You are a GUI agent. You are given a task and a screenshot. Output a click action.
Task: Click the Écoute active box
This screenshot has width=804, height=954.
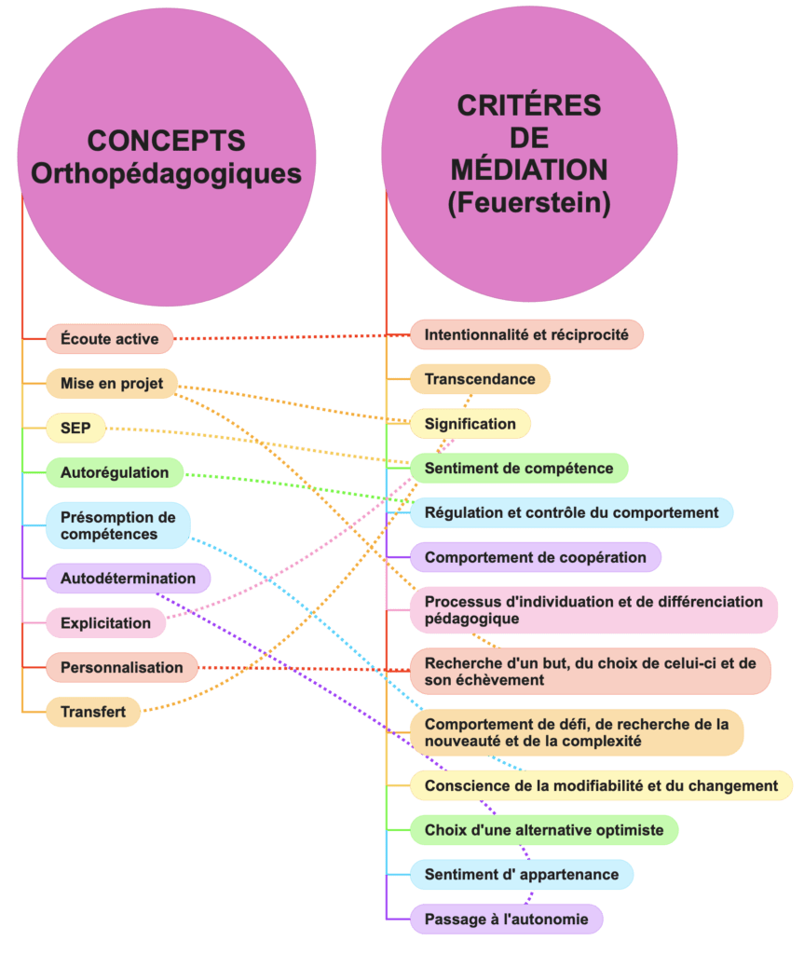point(109,338)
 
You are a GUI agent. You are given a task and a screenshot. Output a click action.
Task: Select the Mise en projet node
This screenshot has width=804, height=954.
point(112,383)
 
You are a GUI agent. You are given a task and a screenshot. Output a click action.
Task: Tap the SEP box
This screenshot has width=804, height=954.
point(76,428)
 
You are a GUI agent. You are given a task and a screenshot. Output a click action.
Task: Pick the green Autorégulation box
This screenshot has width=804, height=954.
point(115,472)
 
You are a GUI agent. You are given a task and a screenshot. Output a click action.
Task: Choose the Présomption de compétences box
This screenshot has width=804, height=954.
point(117,525)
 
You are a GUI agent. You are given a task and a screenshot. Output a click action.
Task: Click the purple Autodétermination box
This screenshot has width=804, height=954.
point(128,578)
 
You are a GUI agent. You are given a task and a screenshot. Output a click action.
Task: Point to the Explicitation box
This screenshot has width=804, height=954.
point(105,622)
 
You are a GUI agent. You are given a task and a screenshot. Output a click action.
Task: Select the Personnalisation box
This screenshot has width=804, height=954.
point(121,667)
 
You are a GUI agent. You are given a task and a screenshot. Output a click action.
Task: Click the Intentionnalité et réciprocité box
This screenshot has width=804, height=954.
point(526,334)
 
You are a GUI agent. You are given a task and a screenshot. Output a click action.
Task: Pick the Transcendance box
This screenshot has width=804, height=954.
point(480,378)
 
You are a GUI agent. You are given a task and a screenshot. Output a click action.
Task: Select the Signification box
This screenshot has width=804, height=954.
point(470,423)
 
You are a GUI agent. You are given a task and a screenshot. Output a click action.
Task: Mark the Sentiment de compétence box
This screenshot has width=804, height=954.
point(519,468)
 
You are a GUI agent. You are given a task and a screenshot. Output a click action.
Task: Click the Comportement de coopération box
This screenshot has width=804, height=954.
point(535,557)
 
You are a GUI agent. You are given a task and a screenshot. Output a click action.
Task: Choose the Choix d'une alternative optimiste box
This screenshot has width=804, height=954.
point(544,829)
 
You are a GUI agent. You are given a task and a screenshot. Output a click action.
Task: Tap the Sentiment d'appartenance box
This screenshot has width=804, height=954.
point(522,874)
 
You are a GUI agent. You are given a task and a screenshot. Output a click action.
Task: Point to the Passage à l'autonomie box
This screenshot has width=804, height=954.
point(507,919)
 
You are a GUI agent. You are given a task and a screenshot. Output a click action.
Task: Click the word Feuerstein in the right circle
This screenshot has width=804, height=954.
point(529,203)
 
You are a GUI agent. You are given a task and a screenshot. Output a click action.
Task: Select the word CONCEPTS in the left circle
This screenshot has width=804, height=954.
point(166,141)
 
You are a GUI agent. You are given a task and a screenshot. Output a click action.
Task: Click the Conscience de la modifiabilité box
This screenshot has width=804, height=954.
point(601,784)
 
